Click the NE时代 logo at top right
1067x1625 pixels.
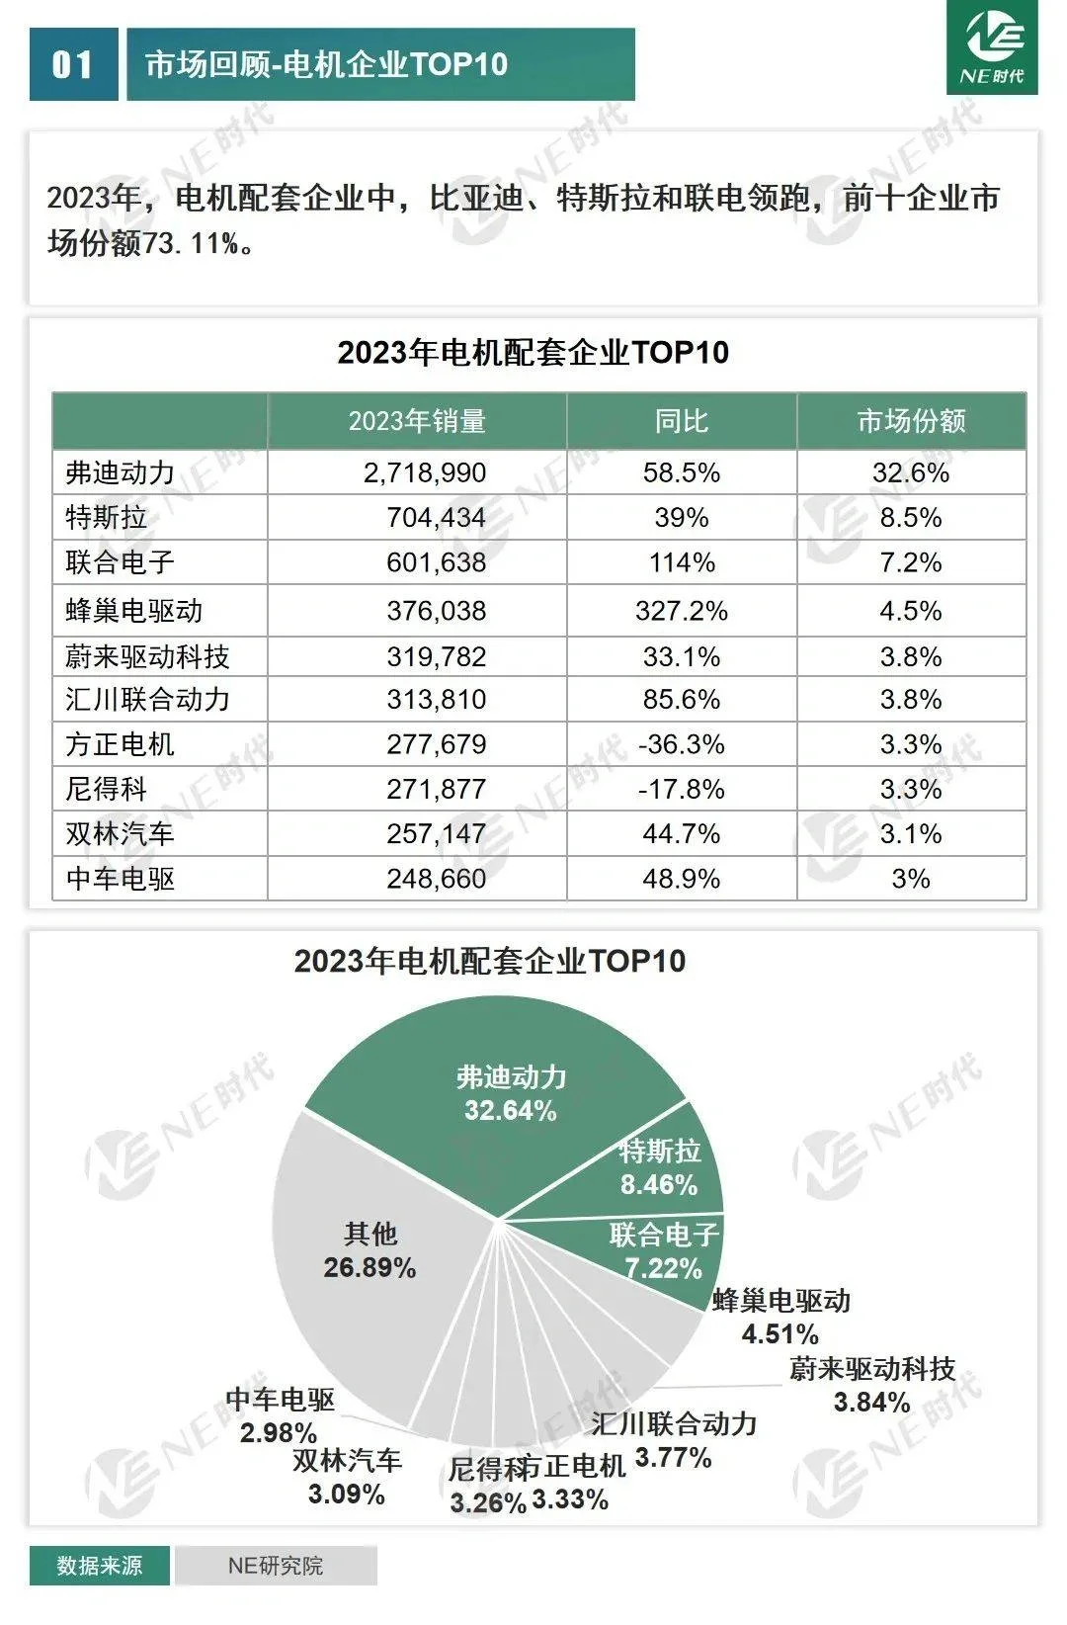point(992,47)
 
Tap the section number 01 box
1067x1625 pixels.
point(72,65)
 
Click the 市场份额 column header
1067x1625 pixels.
point(911,421)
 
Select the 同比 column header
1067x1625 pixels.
point(681,421)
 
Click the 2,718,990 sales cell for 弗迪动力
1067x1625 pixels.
point(425,472)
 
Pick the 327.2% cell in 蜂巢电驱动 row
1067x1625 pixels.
point(681,611)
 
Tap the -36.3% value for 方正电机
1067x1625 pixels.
point(681,744)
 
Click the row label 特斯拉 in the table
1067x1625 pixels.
point(106,517)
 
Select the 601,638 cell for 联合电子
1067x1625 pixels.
point(436,562)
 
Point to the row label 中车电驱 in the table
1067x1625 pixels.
point(120,879)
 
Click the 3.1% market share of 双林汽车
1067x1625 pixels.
point(910,834)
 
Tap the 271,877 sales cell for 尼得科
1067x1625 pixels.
point(436,789)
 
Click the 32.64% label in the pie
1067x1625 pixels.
point(511,1110)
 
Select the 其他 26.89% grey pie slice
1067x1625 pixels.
point(370,1250)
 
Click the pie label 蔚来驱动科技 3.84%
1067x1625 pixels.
point(871,1385)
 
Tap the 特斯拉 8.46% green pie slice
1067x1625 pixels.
point(659,1167)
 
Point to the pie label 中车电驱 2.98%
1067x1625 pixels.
point(280,1415)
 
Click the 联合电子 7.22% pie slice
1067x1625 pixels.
point(663,1250)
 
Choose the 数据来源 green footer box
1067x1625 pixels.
point(99,1566)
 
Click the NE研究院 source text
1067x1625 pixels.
point(275,1566)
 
